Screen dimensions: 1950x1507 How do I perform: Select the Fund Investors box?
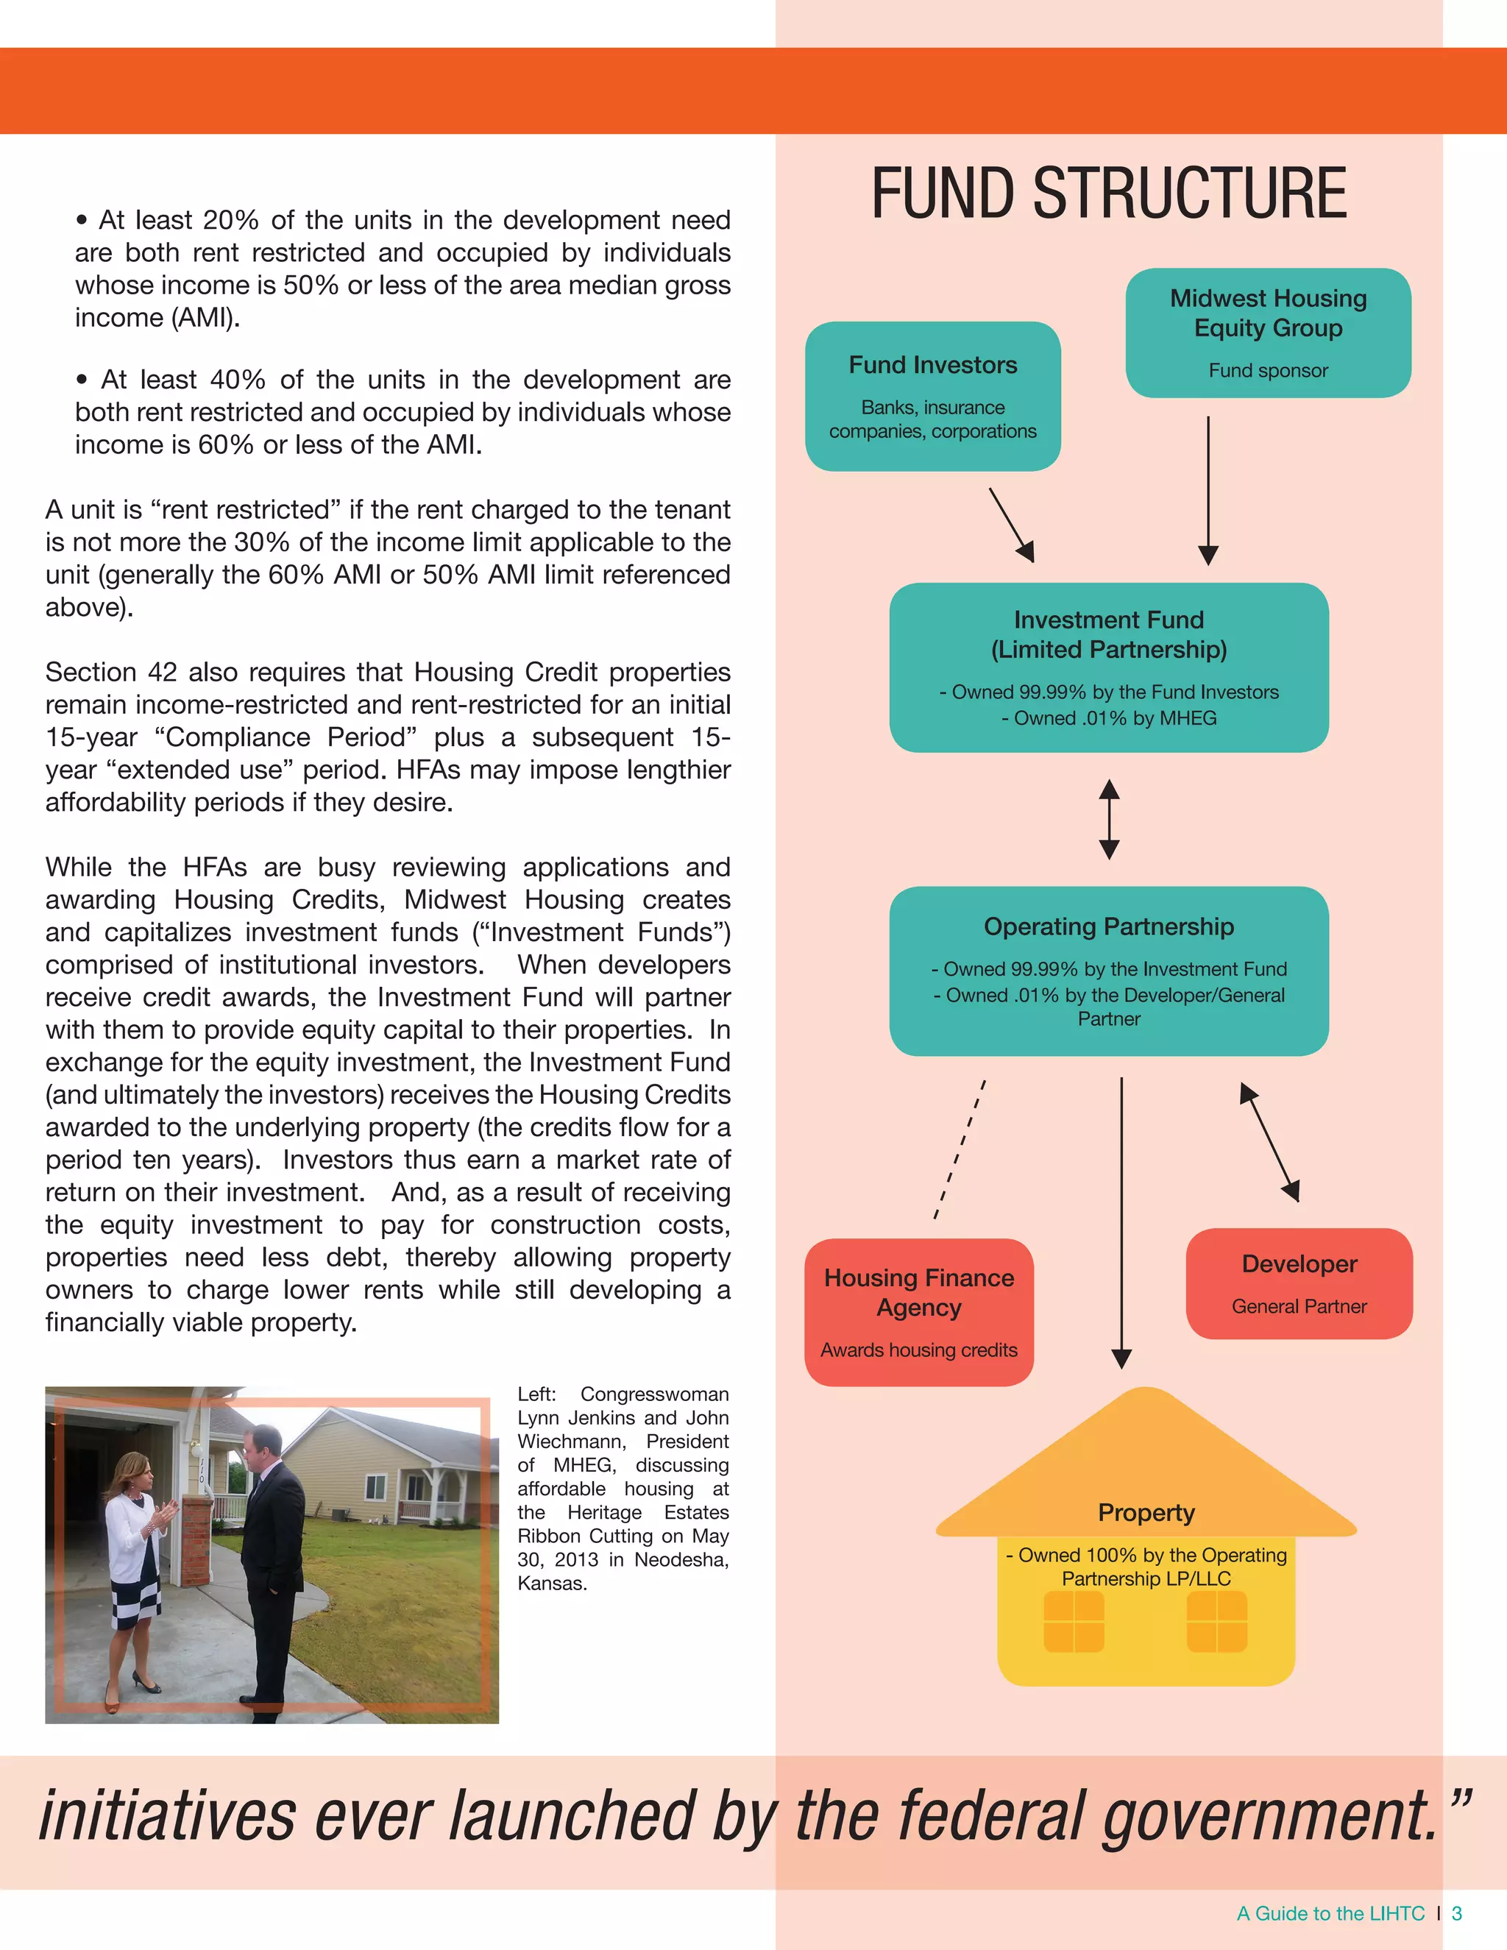click(932, 396)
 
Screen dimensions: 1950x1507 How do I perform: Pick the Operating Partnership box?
click(1108, 971)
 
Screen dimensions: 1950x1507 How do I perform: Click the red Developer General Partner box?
click(1298, 1283)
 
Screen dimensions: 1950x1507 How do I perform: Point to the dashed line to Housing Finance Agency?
click(959, 1150)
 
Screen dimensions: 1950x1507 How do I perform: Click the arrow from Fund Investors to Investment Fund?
click(1012, 525)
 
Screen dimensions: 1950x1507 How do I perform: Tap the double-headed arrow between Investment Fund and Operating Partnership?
click(1109, 819)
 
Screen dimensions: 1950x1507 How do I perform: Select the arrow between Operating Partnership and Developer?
click(1269, 1142)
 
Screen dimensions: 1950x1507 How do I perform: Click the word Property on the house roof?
click(1146, 1512)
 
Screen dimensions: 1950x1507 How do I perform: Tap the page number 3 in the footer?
click(1457, 1913)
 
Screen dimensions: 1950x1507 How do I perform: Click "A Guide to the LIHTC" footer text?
click(1330, 1913)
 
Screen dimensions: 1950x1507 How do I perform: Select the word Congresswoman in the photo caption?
click(653, 1394)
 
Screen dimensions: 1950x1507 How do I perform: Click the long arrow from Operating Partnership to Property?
click(1121, 1223)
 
